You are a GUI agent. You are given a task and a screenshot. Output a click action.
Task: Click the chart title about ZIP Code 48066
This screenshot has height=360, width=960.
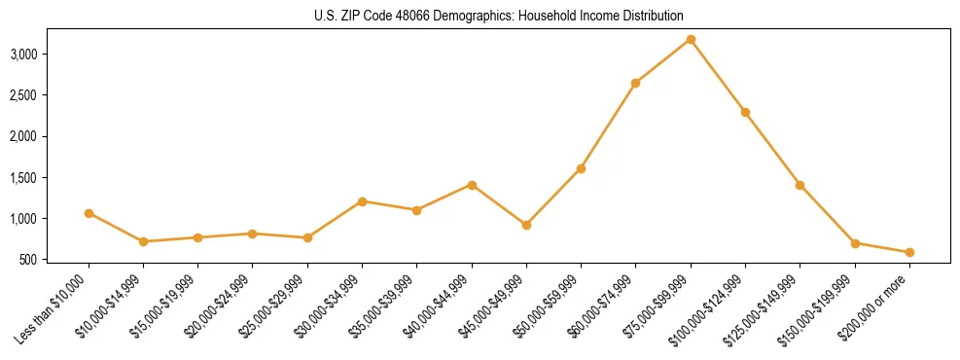(x=499, y=17)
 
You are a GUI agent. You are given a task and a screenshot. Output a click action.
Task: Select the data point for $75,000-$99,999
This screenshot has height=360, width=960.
(x=691, y=39)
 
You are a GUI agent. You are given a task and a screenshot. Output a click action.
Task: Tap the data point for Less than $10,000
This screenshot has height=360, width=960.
(x=89, y=213)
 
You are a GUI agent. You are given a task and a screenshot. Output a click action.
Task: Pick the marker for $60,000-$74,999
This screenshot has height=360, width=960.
(x=635, y=84)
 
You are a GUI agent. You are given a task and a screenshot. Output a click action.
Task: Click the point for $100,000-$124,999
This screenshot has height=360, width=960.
(x=745, y=112)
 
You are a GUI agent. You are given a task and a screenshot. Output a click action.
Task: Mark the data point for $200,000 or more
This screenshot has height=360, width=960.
(x=909, y=252)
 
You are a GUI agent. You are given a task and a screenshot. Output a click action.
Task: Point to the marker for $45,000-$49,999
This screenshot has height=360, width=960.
(x=526, y=225)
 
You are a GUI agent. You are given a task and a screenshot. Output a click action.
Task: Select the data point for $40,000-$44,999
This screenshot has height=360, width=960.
(x=472, y=185)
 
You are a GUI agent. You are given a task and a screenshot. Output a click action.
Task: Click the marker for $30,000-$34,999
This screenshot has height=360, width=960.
(x=362, y=201)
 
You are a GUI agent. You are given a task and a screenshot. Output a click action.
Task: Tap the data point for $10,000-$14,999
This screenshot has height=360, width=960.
(x=143, y=241)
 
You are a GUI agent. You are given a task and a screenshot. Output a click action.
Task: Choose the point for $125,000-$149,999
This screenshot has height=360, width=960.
(x=800, y=185)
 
